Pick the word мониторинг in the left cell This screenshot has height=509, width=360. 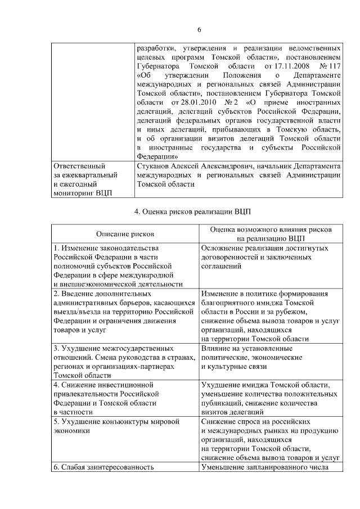pyautogui.click(x=72, y=193)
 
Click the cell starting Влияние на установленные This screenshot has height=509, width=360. pyautogui.click(x=245, y=348)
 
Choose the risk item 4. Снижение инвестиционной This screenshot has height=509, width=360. pyautogui.click(x=103, y=385)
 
